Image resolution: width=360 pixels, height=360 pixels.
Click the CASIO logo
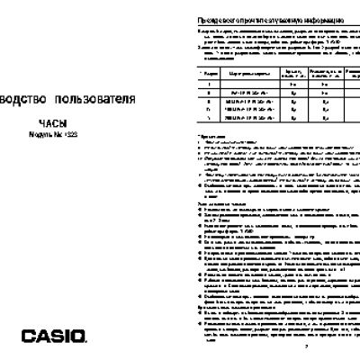54,313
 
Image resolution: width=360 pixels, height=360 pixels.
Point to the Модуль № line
53,134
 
